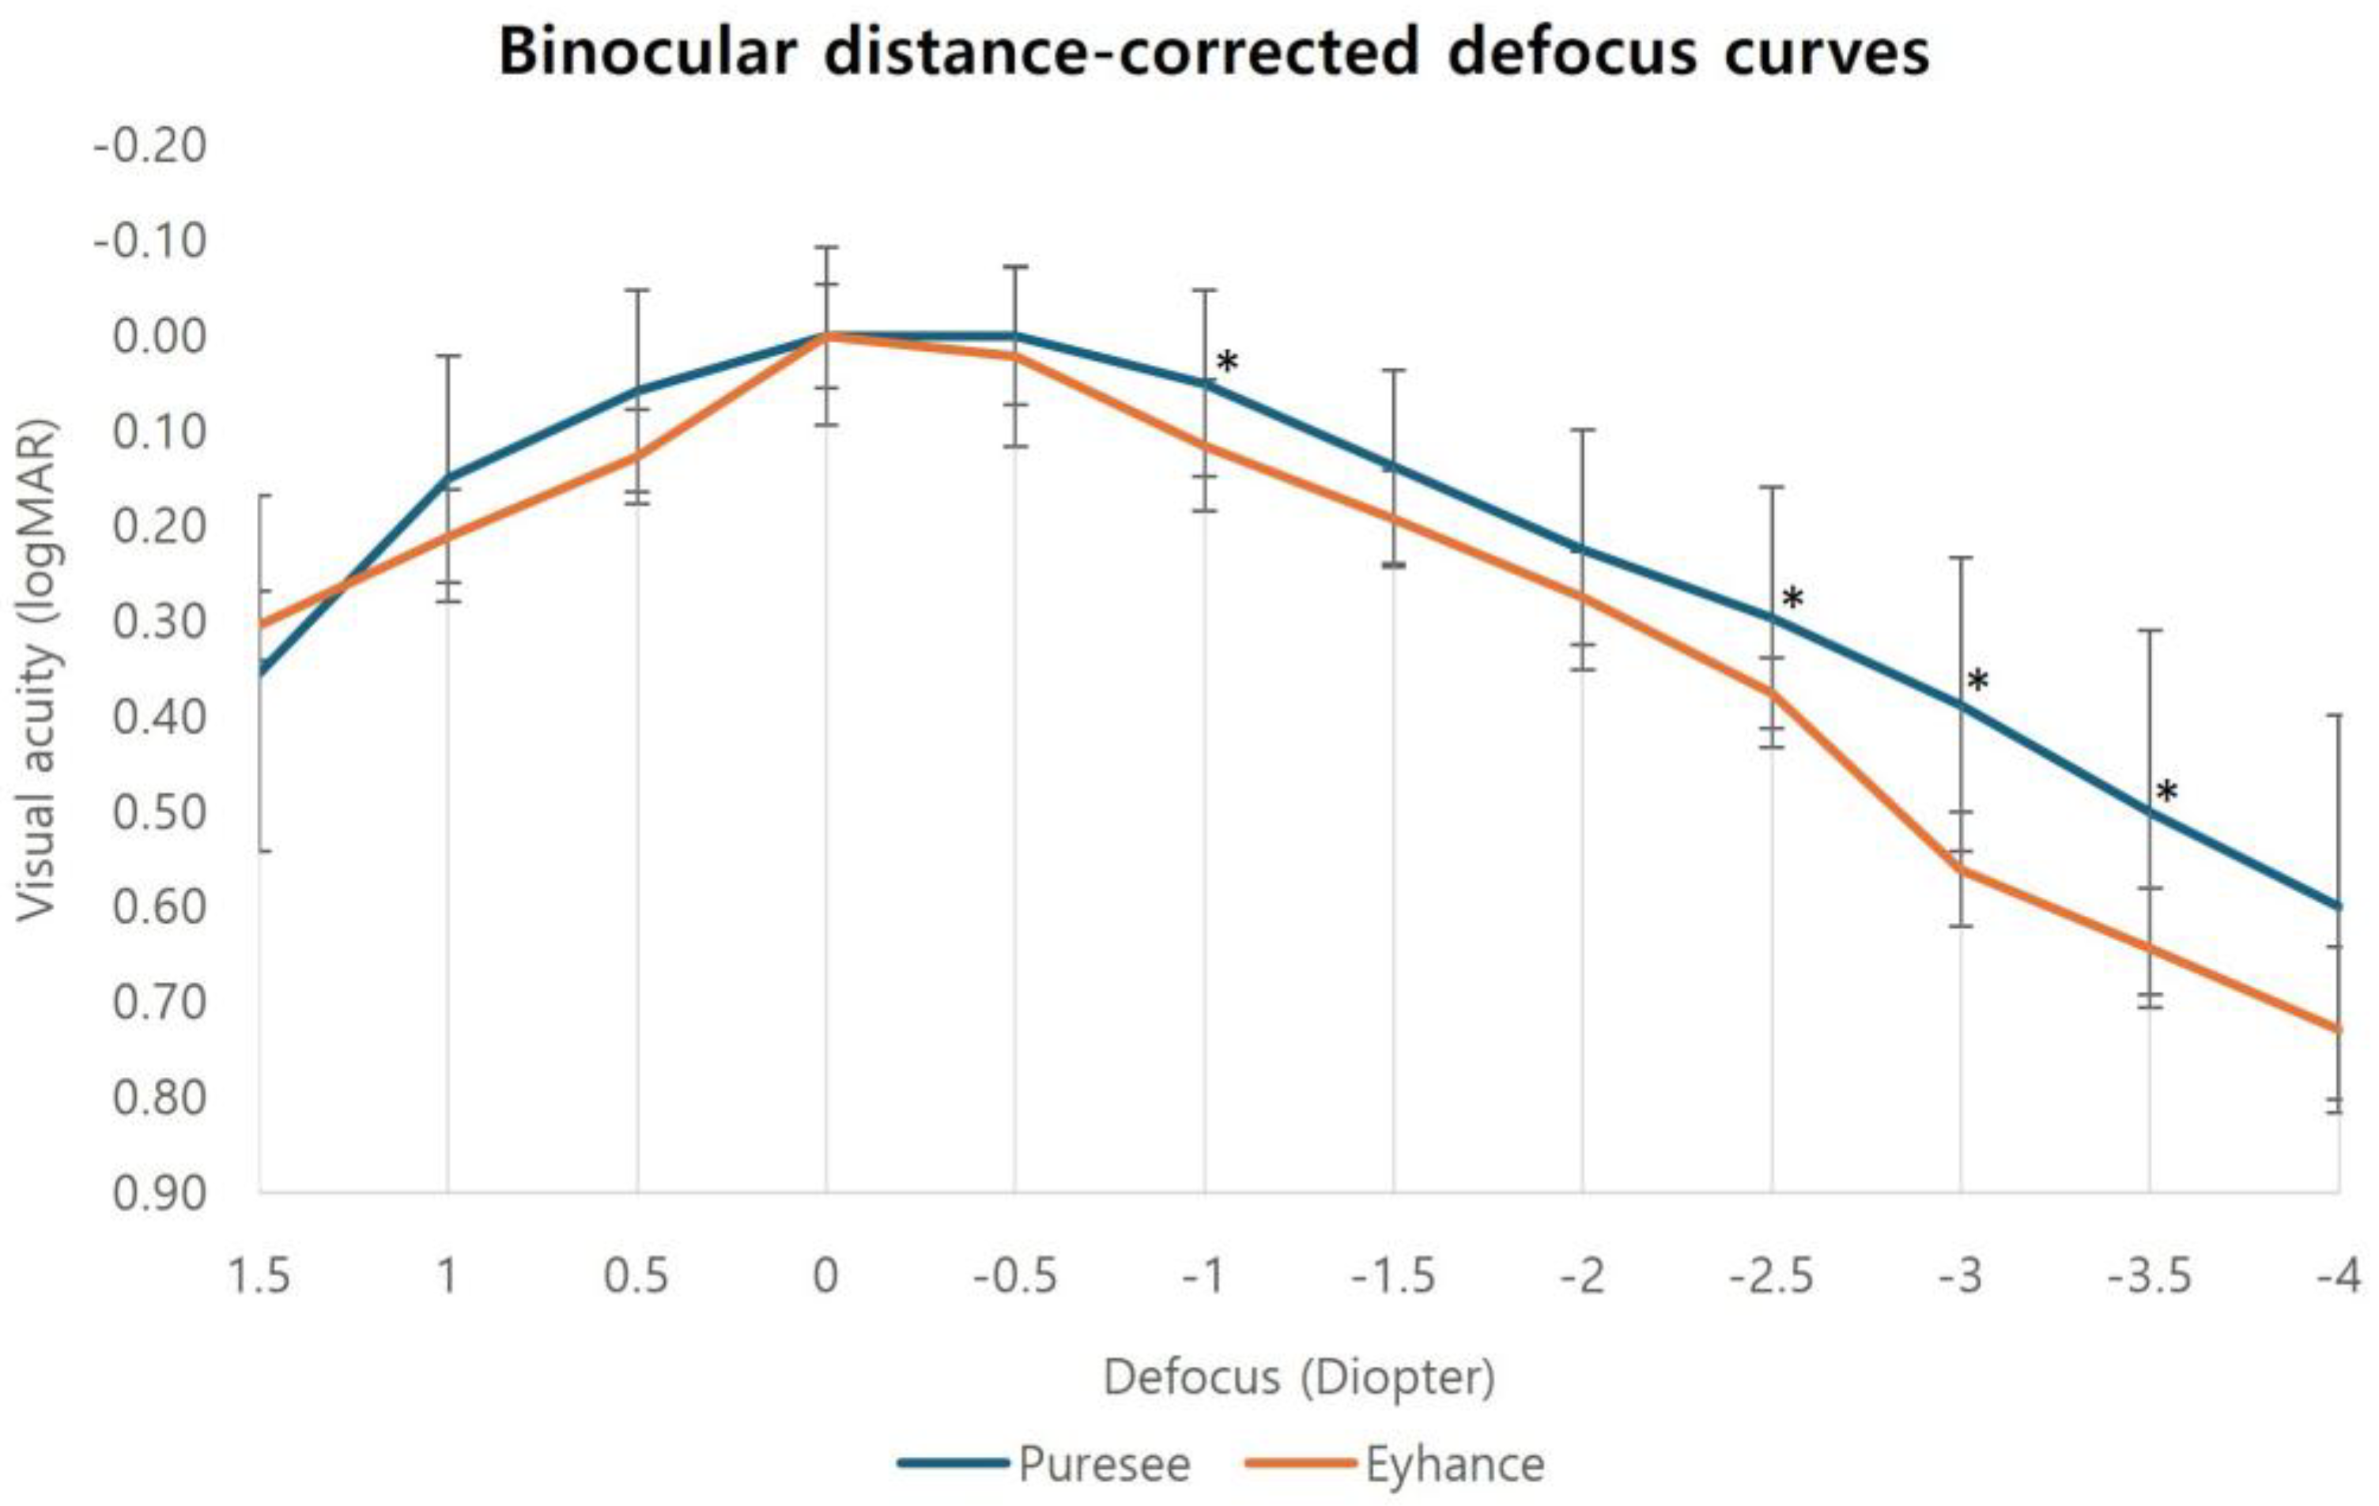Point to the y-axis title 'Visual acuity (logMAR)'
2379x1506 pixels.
coord(37,672)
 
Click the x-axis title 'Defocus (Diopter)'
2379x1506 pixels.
coord(1298,1376)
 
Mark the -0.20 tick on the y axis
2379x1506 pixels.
coord(150,146)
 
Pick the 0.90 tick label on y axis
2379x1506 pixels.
coord(159,1193)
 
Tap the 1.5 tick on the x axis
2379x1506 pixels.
coord(259,1277)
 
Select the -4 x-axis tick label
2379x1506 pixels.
coord(2338,1277)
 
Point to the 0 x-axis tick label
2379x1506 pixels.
coord(825,1277)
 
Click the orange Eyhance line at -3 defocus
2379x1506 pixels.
coord(1961,870)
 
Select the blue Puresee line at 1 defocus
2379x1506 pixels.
coord(447,479)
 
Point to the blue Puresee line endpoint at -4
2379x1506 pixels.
coord(2336,905)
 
